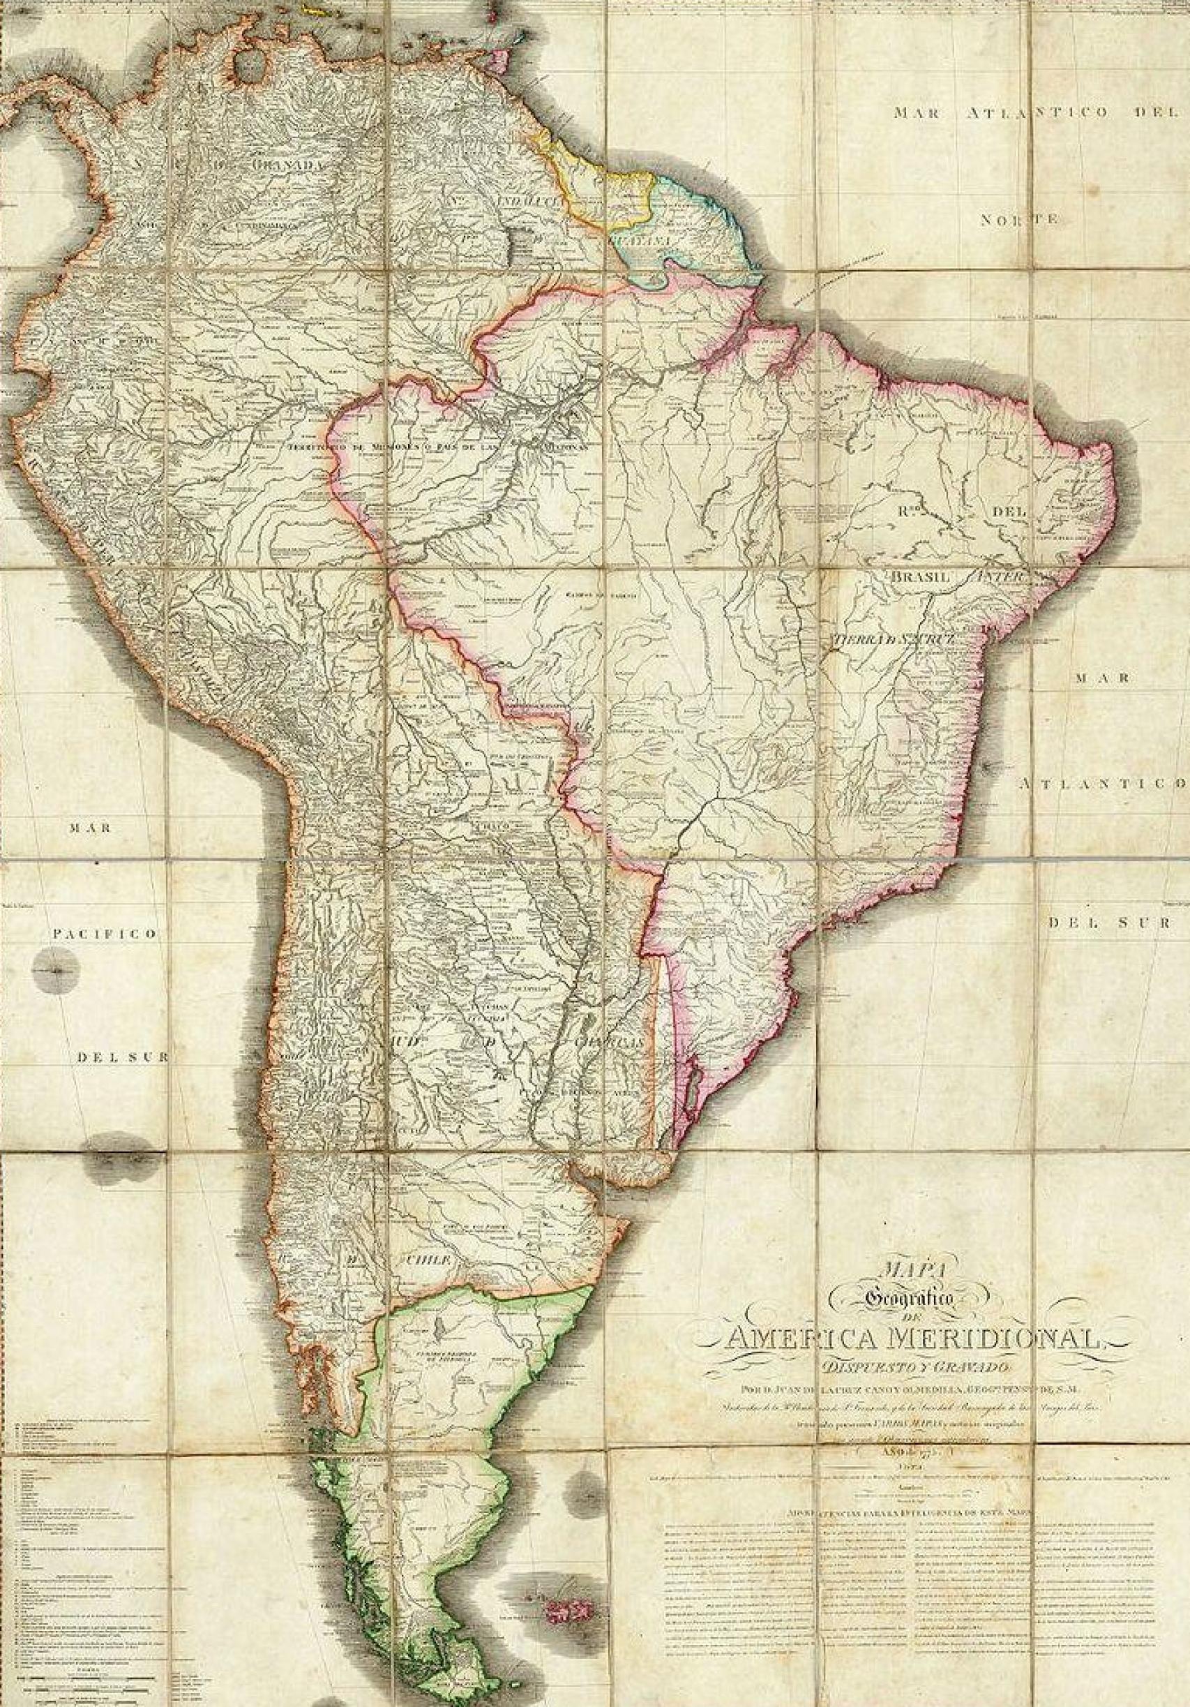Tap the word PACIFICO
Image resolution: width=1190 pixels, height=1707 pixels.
(x=103, y=934)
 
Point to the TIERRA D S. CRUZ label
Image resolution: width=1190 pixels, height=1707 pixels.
(x=889, y=617)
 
